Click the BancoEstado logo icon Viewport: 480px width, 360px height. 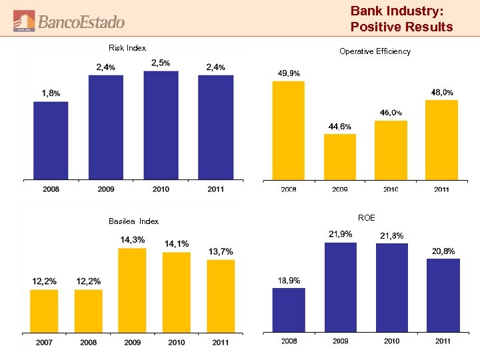coord(25,21)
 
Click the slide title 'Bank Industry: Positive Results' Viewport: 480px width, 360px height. coord(401,19)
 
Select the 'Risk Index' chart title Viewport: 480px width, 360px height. coord(127,47)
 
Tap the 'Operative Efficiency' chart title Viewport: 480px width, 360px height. coord(375,51)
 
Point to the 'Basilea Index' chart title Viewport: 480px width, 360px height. coord(133,221)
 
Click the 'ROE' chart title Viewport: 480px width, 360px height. coord(366,218)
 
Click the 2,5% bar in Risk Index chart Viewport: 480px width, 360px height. coord(161,125)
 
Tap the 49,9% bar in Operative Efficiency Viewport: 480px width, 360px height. coord(288,130)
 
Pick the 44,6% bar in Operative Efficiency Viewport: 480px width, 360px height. coord(339,157)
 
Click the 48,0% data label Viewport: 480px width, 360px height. coord(442,92)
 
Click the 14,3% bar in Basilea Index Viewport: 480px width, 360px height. coord(132,290)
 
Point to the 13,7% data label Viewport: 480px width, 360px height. coord(221,251)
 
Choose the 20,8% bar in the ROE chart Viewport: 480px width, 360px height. coord(443,295)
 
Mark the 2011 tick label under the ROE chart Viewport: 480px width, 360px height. coord(443,341)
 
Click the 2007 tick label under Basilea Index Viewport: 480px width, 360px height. coord(44,342)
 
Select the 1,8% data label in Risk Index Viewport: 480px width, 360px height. coord(51,93)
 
